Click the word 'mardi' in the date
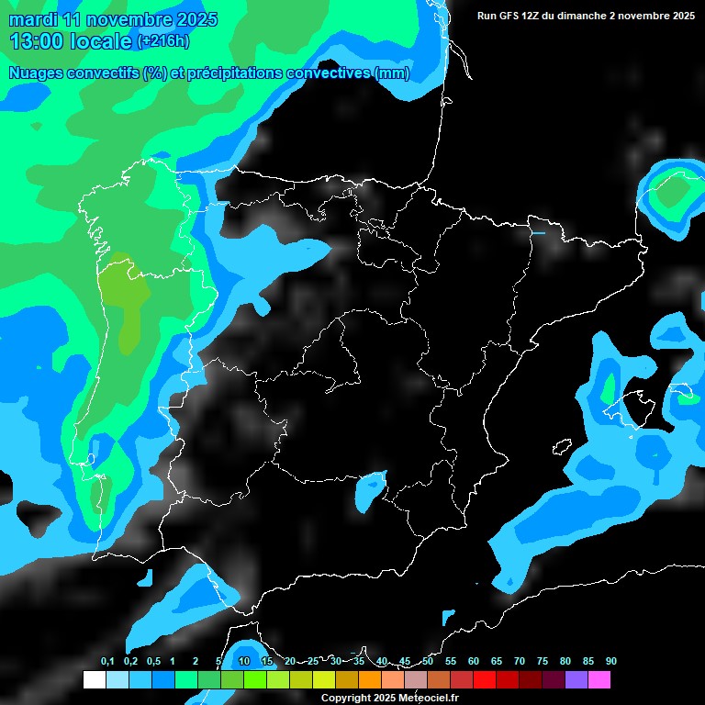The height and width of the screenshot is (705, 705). [x=34, y=19]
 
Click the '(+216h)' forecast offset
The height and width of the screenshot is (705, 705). [x=163, y=41]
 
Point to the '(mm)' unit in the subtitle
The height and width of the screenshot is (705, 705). [x=392, y=73]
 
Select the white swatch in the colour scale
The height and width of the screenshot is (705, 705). [x=94, y=680]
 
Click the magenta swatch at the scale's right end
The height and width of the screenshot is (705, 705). [x=599, y=680]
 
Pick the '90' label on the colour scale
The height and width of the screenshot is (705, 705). [x=611, y=662]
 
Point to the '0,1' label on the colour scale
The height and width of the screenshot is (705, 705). [x=107, y=662]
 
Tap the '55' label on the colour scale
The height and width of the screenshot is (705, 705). [x=451, y=662]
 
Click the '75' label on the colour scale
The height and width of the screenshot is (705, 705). [x=543, y=662]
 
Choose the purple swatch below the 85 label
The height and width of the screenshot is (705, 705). [x=576, y=680]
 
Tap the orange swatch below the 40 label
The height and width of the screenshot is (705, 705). [x=370, y=680]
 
